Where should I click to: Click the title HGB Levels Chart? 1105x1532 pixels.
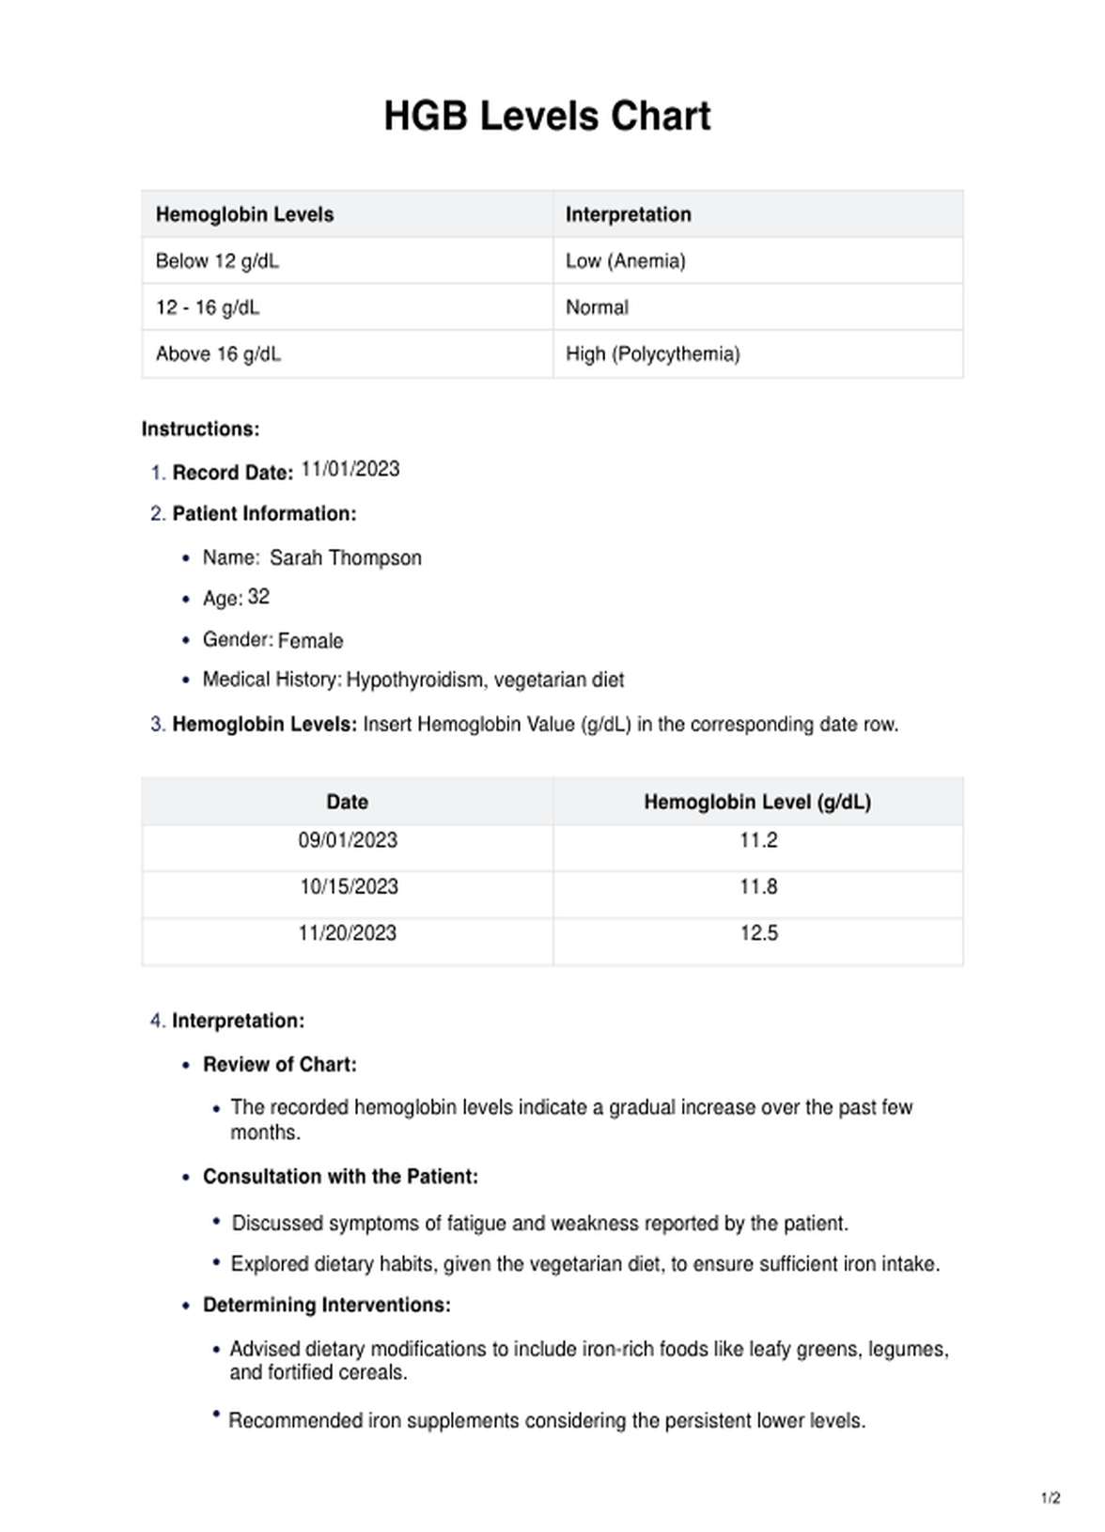547,117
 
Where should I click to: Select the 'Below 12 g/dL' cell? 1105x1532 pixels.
217,261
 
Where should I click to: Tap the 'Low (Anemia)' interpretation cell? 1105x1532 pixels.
625,261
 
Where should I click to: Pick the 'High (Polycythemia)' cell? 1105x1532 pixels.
652,354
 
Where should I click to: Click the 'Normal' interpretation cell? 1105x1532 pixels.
597,307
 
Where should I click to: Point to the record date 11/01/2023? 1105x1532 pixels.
350,469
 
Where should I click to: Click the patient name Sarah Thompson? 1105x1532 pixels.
345,558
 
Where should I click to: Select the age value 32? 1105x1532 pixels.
258,597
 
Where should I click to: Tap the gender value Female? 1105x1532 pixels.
310,641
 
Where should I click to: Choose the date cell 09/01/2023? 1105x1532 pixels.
348,840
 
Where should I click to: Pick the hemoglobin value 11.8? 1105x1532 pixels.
758,886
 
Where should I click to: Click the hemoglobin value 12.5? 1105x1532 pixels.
758,933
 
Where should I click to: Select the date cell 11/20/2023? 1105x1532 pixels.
348,933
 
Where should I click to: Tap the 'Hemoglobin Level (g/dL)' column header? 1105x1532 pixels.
757,802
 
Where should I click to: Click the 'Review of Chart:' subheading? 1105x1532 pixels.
280,1065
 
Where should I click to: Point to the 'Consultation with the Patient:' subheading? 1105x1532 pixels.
340,1177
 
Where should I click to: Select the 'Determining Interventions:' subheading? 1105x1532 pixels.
327,1305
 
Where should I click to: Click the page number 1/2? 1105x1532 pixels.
1051,1498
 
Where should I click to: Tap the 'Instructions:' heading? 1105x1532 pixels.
200,430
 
